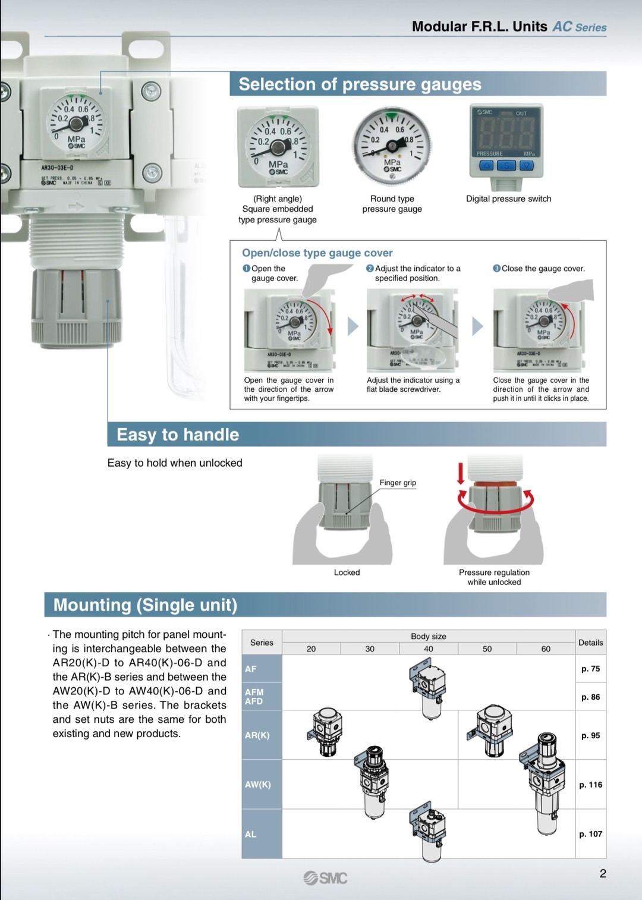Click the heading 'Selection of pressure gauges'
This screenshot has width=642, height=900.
coord(360,84)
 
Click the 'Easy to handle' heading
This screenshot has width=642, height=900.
coord(178,435)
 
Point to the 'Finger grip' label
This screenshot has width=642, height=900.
coord(398,483)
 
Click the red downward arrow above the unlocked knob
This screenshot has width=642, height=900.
coord(460,473)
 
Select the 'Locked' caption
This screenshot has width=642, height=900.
coord(347,572)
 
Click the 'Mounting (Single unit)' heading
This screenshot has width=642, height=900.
coord(145,605)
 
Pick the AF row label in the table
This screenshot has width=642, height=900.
coord(251,669)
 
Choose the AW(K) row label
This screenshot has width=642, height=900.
coord(258,784)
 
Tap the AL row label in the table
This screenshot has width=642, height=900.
coord(251,834)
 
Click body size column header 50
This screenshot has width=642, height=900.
coord(487,649)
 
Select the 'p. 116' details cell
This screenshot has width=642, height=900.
coord(590,785)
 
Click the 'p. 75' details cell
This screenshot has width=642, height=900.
coord(590,669)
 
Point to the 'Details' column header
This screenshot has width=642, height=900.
coord(590,643)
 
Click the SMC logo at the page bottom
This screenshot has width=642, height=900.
coord(325,877)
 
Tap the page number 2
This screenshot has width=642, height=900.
coord(603,873)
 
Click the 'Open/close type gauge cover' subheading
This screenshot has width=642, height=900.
coord(317,253)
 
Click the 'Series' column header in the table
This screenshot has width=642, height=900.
coord(262,643)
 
